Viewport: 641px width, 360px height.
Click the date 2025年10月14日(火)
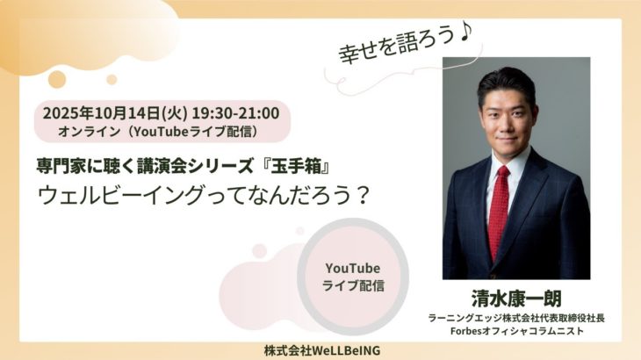pyautogui.click(x=104, y=112)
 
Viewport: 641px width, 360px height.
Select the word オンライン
pyautogui.click(x=88, y=132)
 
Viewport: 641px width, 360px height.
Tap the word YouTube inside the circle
pyautogui.click(x=351, y=268)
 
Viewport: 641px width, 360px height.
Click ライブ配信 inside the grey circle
pyautogui.click(x=352, y=286)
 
